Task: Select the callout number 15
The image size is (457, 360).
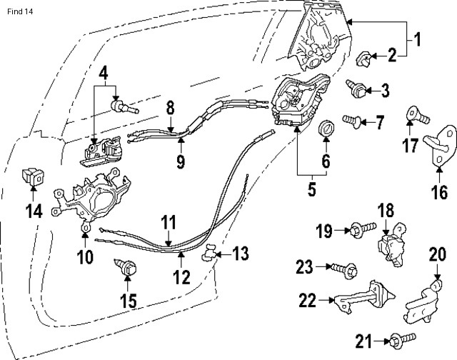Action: click(x=128, y=301)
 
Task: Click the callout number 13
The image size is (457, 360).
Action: click(x=242, y=253)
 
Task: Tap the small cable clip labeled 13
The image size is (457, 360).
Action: click(x=209, y=251)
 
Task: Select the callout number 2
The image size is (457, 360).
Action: click(x=391, y=53)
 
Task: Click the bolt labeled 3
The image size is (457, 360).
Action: click(x=357, y=89)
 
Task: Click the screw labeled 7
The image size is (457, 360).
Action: click(x=352, y=121)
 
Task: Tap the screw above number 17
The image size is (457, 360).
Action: click(x=415, y=113)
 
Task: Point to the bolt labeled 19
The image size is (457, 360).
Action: click(x=359, y=230)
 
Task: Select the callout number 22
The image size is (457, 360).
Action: click(x=307, y=301)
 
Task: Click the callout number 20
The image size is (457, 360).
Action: click(x=437, y=254)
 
